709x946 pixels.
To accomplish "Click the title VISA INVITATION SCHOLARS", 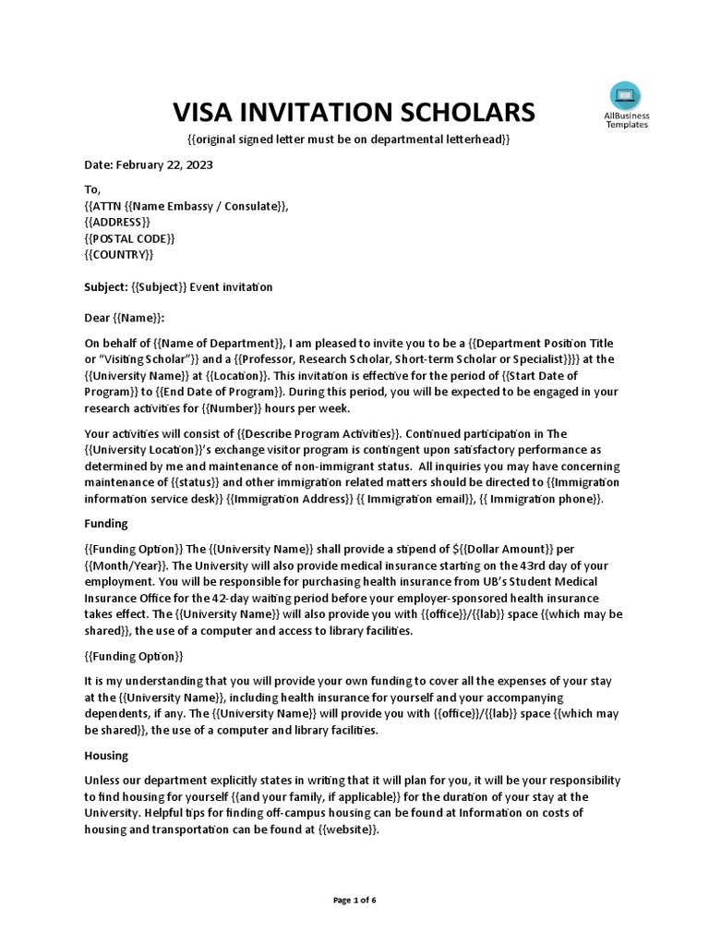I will (354, 112).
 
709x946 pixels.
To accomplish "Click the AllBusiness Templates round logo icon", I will (626, 96).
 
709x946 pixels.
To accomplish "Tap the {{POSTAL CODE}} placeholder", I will (129, 238).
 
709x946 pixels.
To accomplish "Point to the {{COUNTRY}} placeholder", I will (119, 254).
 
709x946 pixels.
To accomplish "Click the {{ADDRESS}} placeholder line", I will (117, 223).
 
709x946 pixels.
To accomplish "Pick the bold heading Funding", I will (106, 523).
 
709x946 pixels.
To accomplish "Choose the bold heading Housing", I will (107, 754).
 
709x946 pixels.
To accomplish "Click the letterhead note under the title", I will (349, 139).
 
